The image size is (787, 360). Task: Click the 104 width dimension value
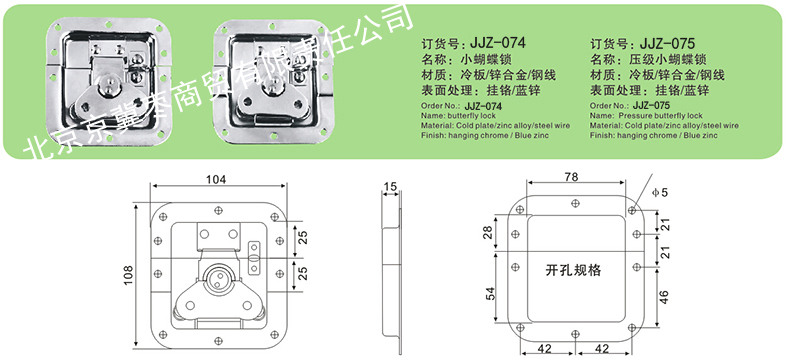tap(217, 179)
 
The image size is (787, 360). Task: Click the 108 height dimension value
tap(129, 275)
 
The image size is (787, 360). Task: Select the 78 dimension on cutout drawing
tap(571, 177)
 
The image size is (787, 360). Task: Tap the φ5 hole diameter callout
tap(660, 192)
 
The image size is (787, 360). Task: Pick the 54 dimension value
tap(490, 294)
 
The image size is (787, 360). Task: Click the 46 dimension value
tap(664, 297)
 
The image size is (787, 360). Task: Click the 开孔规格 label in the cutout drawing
tap(573, 271)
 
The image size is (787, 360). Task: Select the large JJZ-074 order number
tap(496, 43)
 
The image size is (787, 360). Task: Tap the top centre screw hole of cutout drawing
tap(576, 203)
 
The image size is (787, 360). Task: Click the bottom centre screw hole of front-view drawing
tap(217, 341)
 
